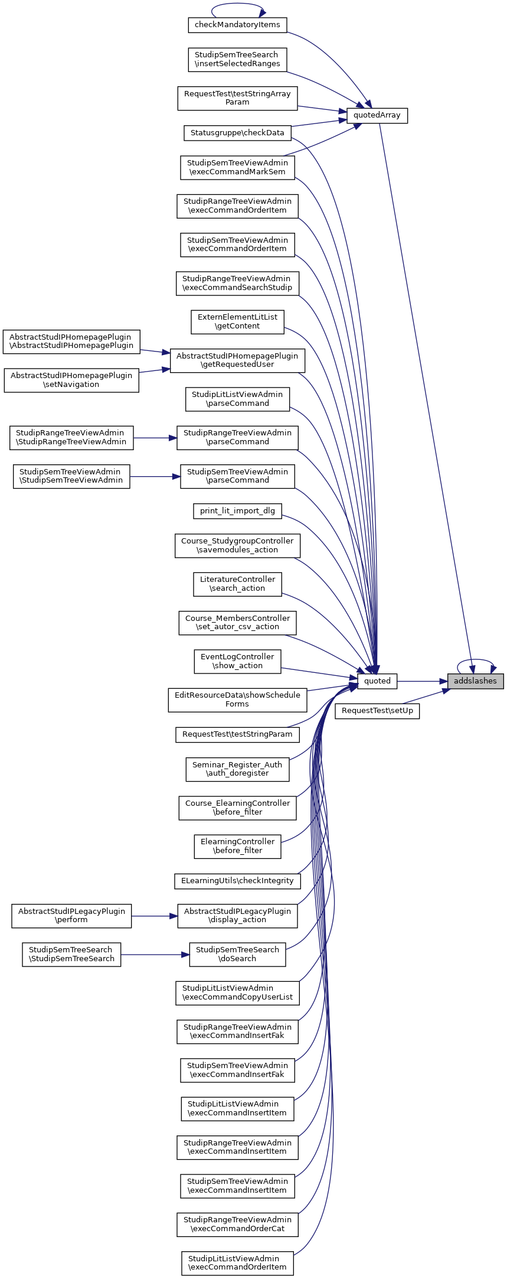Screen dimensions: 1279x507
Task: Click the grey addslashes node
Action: pyautogui.click(x=475, y=681)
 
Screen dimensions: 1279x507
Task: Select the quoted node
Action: pyautogui.click(x=377, y=681)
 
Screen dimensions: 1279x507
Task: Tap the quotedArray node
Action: pyautogui.click(x=377, y=115)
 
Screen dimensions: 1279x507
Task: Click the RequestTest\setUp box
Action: pyautogui.click(x=377, y=711)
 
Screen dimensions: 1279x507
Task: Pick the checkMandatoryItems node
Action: pyautogui.click(x=237, y=25)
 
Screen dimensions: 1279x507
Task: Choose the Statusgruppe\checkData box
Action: pyautogui.click(x=237, y=133)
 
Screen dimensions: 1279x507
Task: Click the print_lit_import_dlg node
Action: pyautogui.click(x=237, y=511)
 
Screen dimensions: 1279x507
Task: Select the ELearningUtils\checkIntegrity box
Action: pyautogui.click(x=237, y=881)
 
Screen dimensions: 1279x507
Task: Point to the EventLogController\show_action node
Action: pyautogui.click(x=237, y=661)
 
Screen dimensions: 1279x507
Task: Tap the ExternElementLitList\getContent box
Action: pyautogui.click(x=237, y=321)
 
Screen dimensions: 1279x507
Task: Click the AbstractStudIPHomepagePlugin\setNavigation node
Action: pyautogui.click(x=71, y=380)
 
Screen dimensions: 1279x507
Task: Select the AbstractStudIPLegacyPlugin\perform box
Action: pyautogui.click(x=71, y=916)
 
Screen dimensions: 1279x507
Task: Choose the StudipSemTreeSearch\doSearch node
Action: pyautogui.click(x=237, y=954)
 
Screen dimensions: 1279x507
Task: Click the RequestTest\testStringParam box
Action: pyautogui.click(x=237, y=734)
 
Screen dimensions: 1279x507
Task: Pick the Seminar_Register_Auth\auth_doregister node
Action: pyautogui.click(x=237, y=769)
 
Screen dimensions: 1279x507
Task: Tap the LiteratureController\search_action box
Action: pyautogui.click(x=237, y=584)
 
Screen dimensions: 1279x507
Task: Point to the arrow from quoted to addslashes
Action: pyautogui.click(x=421, y=681)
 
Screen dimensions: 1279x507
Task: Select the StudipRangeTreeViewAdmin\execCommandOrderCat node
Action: pyautogui.click(x=237, y=1224)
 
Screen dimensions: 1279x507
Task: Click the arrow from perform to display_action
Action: pyautogui.click(x=155, y=916)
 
